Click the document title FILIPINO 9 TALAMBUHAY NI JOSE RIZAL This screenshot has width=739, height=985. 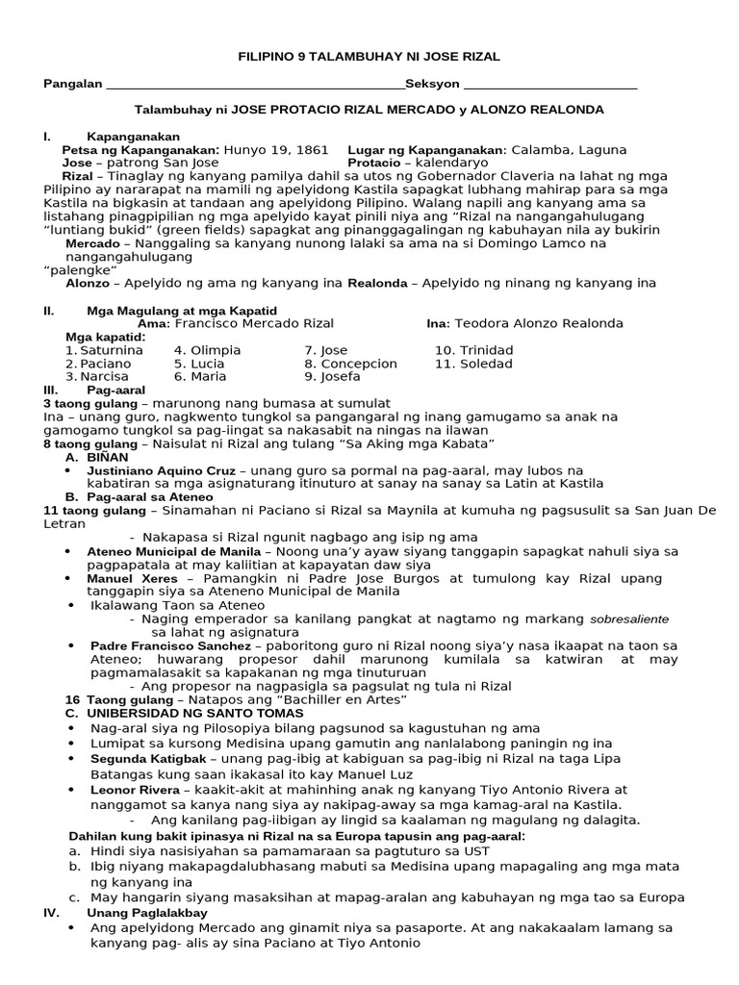tap(369, 58)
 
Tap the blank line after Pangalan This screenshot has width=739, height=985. tap(255, 86)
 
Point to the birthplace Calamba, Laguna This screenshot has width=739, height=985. tap(568, 150)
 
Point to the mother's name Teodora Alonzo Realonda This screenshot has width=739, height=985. tap(538, 323)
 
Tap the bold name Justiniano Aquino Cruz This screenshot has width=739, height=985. tap(164, 470)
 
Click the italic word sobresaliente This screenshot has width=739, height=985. tap(628, 619)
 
